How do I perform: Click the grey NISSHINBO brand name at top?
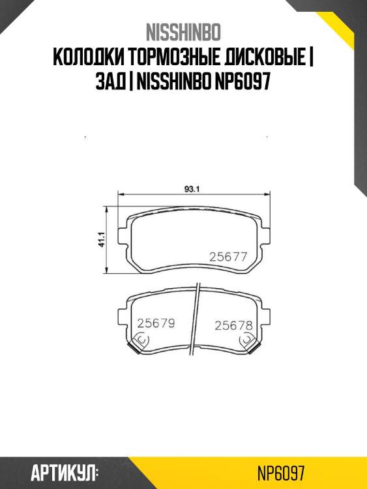tap(183, 32)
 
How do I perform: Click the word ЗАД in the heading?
tap(110, 82)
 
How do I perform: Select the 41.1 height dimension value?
tap(102, 239)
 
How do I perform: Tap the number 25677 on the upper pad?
tap(228, 257)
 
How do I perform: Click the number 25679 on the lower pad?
tap(156, 323)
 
